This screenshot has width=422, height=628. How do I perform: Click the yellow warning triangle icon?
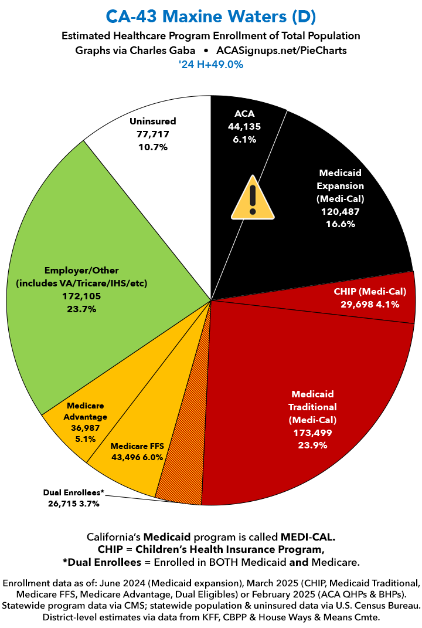(253, 197)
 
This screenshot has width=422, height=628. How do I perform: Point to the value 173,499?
(311, 433)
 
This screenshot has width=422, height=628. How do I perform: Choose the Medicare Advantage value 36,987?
(87, 427)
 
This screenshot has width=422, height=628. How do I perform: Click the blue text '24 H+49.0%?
(210, 65)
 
